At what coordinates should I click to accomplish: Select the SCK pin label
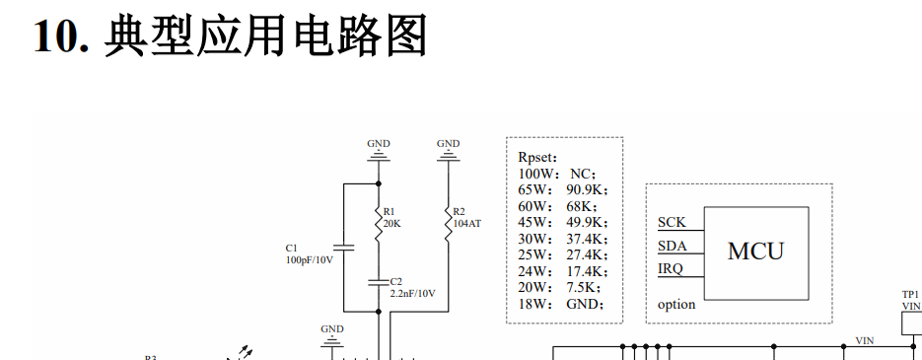tap(672, 222)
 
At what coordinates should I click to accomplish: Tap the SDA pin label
tap(673, 246)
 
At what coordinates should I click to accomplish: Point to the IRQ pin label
tap(671, 269)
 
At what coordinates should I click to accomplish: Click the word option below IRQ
tap(676, 304)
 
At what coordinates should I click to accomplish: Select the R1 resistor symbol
tap(379, 223)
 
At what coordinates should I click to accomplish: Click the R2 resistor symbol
tap(449, 223)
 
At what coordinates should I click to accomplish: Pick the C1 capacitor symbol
tap(343, 247)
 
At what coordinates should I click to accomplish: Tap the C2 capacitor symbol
tap(379, 282)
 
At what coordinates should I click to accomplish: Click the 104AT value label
tap(466, 224)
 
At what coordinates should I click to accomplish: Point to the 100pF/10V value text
tap(310, 259)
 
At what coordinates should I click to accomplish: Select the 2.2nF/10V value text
tap(413, 294)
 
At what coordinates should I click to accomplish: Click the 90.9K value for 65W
tap(584, 190)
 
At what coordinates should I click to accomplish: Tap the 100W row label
tap(535, 175)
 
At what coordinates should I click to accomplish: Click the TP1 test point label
tap(910, 294)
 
